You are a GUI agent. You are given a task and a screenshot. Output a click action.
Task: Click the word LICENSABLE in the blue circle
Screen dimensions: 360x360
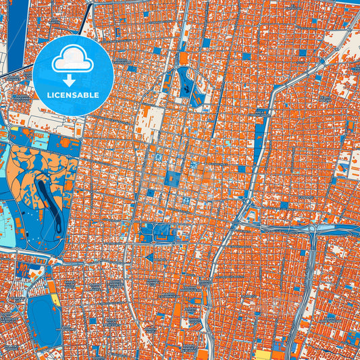click(x=72, y=95)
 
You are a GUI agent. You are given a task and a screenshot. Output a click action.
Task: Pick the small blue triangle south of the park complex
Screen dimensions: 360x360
click(x=149, y=257)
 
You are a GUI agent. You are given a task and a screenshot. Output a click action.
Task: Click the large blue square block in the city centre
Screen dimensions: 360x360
click(x=173, y=179)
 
